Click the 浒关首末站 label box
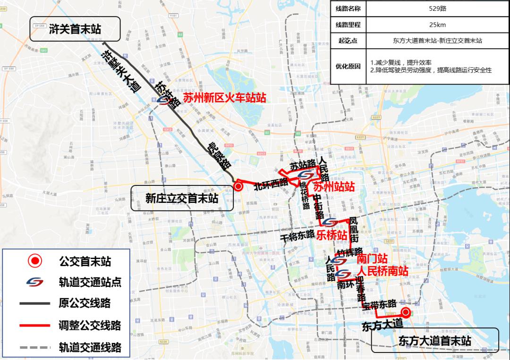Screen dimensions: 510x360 coord(75,30)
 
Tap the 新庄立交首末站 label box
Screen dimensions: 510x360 coord(182,198)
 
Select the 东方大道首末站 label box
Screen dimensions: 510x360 coord(434,341)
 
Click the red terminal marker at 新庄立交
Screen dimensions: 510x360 coord(238,187)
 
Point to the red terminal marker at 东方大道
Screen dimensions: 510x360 coord(405,311)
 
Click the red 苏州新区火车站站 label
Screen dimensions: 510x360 coord(224,98)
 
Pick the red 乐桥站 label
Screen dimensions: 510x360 coord(332,234)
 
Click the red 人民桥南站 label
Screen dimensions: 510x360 coord(382,271)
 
